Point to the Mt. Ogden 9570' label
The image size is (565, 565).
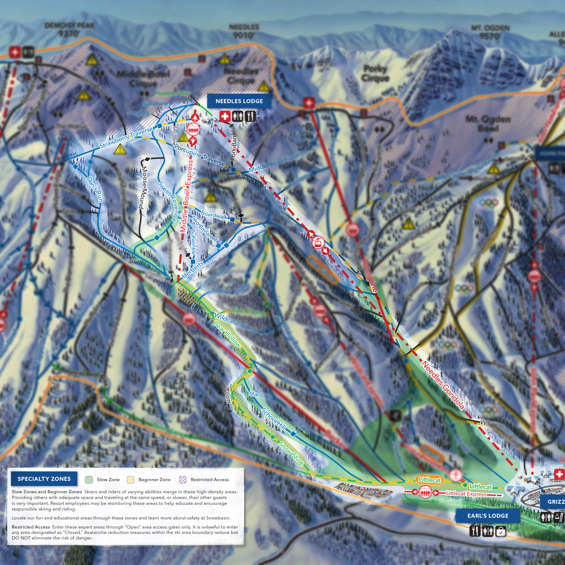pos(490,32)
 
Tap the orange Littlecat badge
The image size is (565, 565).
pos(429,480)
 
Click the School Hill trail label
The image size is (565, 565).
pos(273,419)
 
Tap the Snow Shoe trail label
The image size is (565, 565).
pos(291,453)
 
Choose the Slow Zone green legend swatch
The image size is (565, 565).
pos(89,480)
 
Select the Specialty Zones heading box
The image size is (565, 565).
pos(44,479)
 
